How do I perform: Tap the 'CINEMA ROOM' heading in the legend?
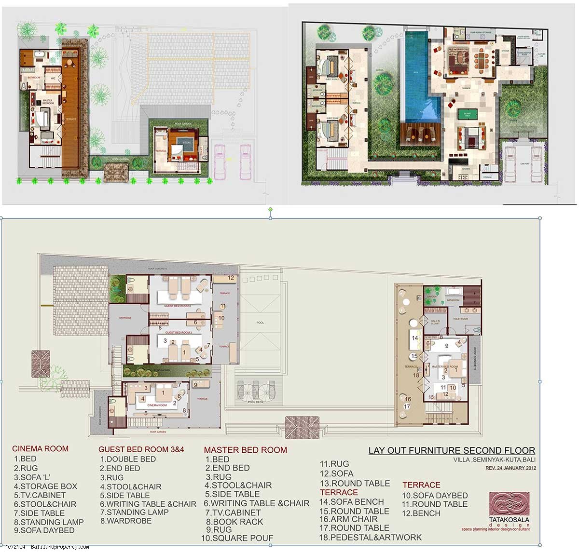click(x=40, y=448)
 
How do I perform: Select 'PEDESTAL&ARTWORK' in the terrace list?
click(x=370, y=537)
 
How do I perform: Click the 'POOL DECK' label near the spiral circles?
click(x=255, y=402)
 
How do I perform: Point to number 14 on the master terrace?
click(x=414, y=338)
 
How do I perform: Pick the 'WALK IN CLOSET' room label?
click(x=435, y=322)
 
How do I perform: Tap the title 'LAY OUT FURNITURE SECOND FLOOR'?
click(x=451, y=451)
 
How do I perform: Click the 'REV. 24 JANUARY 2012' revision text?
click(x=510, y=468)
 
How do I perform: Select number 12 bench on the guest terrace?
click(x=231, y=278)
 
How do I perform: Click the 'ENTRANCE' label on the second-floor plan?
click(x=125, y=318)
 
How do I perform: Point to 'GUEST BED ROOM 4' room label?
click(x=178, y=306)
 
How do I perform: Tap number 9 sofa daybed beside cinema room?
click(x=195, y=384)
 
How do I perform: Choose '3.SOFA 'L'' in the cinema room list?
click(x=32, y=477)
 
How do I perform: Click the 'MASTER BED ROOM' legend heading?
click(x=245, y=450)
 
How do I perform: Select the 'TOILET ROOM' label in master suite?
click(x=461, y=319)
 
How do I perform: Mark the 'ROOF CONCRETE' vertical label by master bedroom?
click(x=475, y=359)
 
